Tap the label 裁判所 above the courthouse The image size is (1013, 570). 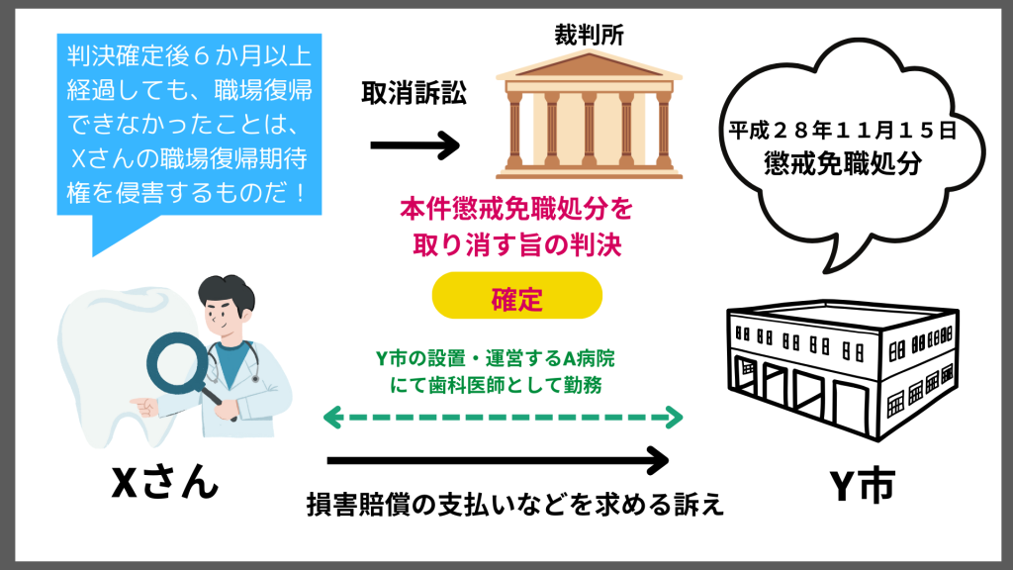(589, 33)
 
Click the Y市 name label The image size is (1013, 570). (863, 485)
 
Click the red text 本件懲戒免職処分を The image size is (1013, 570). (515, 210)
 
